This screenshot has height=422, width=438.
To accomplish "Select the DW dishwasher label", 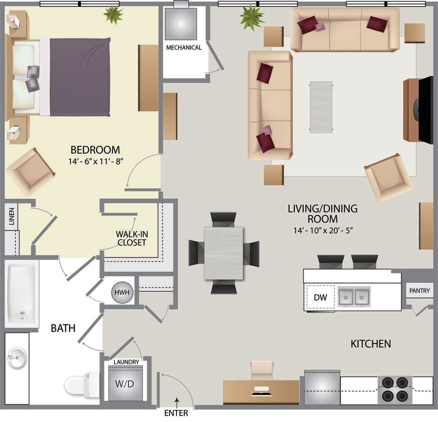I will (x=320, y=297).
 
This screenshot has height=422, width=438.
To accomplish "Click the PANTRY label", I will (x=419, y=290).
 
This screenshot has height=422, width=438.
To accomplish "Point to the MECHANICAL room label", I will (x=184, y=48).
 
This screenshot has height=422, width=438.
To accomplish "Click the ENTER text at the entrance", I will (x=176, y=413).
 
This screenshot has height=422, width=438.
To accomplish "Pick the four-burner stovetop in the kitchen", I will (x=394, y=389).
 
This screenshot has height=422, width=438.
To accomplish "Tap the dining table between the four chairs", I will (x=223, y=253).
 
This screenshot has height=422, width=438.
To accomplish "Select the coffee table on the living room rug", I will (x=320, y=107).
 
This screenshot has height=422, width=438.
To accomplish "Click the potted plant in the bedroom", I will (x=113, y=14).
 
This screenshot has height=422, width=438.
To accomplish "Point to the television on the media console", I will (x=425, y=110).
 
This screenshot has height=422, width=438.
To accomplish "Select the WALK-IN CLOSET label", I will (x=131, y=238).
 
